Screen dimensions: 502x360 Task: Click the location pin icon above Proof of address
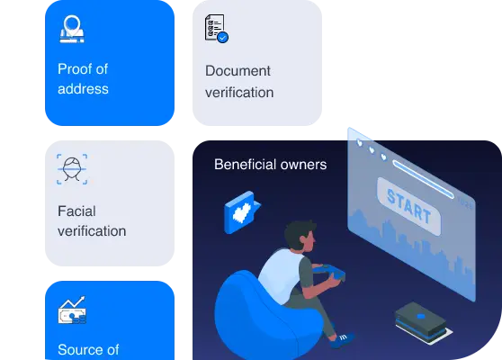(72, 29)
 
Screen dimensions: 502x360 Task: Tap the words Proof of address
(83, 79)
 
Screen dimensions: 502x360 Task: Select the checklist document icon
(217, 28)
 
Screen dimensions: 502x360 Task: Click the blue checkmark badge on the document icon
(223, 38)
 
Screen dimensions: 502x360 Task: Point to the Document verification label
(239, 82)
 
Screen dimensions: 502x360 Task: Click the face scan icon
(72, 169)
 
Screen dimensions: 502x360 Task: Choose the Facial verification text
(92, 221)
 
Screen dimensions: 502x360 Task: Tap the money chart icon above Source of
(72, 310)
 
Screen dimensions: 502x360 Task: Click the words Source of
(88, 349)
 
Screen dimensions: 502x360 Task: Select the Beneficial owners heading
(271, 165)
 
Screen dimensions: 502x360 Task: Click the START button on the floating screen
(408, 206)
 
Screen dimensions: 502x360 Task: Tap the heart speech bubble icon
(242, 212)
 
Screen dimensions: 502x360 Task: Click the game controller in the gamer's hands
(329, 272)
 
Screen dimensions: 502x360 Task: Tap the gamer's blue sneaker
(342, 340)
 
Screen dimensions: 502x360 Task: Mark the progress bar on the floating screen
(423, 179)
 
